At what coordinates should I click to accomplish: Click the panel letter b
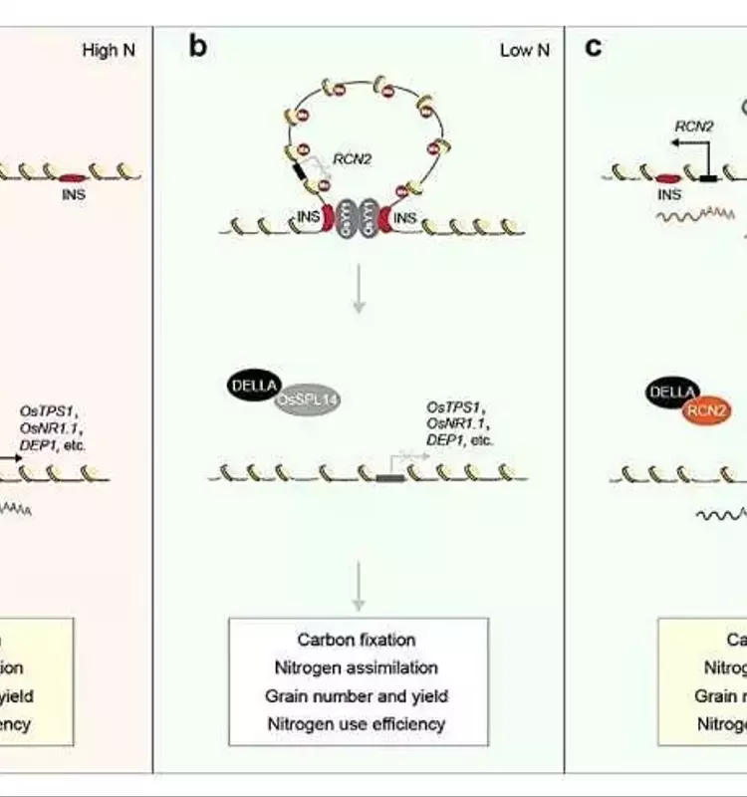[x=198, y=47]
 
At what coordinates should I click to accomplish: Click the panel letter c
[x=594, y=47]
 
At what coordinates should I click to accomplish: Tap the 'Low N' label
[x=524, y=50]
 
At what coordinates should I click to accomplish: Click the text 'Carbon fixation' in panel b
[x=357, y=640]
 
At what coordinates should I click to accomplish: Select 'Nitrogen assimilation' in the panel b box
[x=357, y=667]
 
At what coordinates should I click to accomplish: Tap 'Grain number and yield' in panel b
[x=357, y=696]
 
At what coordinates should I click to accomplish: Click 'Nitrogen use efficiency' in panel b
[x=357, y=724]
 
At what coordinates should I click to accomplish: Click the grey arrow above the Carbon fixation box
[x=358, y=588]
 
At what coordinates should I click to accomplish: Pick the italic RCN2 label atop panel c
[x=693, y=126]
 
